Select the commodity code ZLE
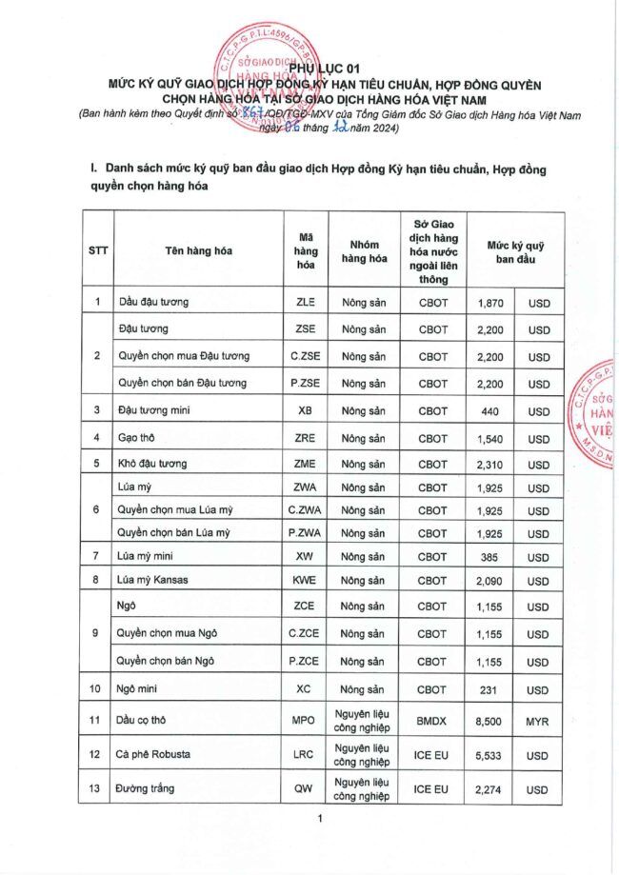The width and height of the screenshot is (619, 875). (x=306, y=302)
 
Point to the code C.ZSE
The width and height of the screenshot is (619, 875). (x=306, y=357)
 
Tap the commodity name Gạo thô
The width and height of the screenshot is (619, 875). (x=138, y=439)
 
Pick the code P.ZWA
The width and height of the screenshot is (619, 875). (x=306, y=533)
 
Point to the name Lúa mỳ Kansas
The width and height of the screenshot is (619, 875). (x=152, y=579)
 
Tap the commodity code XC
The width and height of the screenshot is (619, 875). (x=306, y=689)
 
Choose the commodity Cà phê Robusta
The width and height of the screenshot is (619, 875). (x=153, y=755)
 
